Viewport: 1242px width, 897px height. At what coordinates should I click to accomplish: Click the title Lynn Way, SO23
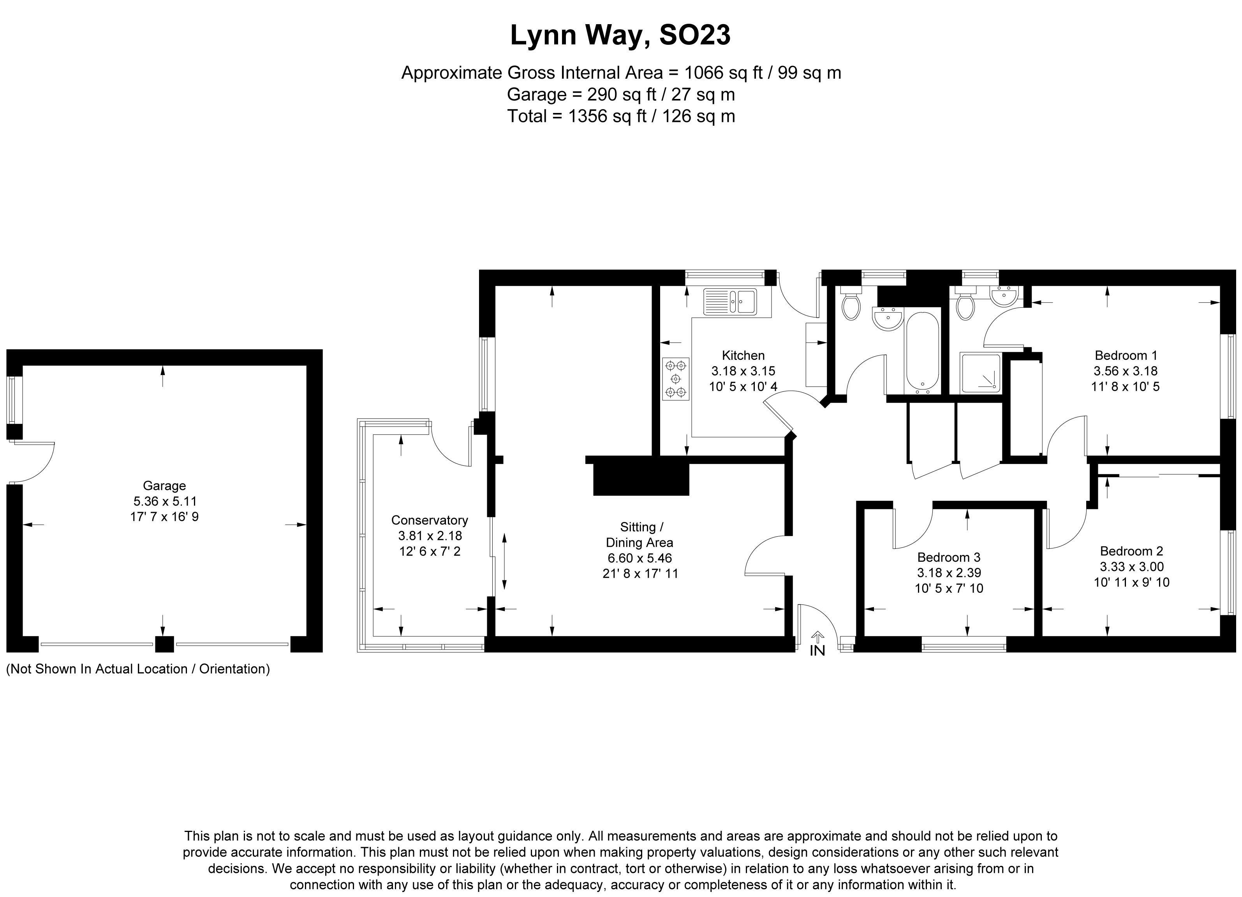coord(620,35)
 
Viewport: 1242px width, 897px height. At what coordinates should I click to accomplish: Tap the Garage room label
coord(164,486)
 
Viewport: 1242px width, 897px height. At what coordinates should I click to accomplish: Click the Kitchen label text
coord(743,355)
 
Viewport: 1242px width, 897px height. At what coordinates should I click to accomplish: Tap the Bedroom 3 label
coord(949,557)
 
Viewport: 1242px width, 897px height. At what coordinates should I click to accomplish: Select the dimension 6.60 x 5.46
coord(639,559)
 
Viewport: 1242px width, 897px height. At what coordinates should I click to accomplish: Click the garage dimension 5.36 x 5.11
coord(164,501)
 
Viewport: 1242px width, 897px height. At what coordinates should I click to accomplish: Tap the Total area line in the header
coord(621,116)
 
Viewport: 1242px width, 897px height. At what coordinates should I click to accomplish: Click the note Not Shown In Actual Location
coord(138,669)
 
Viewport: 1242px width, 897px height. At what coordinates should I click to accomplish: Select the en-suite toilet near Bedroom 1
coord(965,303)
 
